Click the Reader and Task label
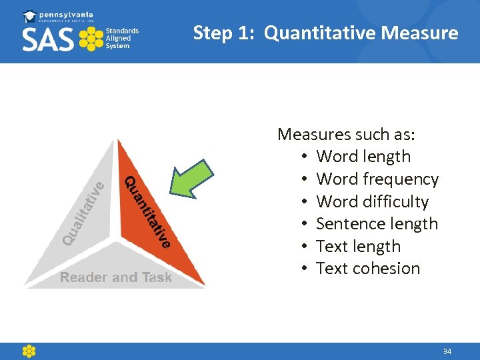(116, 277)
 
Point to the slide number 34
(447, 351)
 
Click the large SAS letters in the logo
(49, 39)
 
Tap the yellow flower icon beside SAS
(91, 39)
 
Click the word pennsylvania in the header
(67, 15)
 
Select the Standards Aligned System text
(122, 38)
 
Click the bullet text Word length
(363, 157)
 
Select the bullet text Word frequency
(377, 179)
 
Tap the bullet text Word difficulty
(372, 201)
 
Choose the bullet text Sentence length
(377, 224)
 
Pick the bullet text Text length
(358, 247)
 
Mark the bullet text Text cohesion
(368, 269)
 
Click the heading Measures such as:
(346, 134)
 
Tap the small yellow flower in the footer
(29, 351)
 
